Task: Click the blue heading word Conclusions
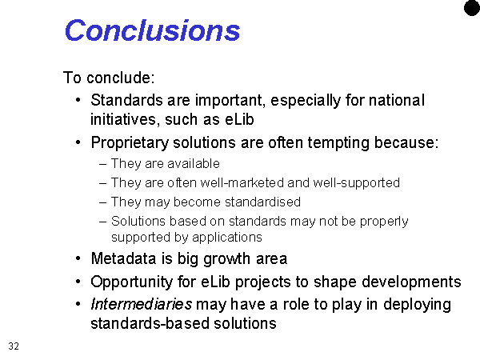coord(153,30)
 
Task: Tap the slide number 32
coord(14,346)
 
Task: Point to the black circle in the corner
coord(472,7)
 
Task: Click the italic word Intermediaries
coord(142,304)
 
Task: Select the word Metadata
coord(124,258)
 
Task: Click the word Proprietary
coord(130,143)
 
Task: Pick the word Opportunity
coord(132,282)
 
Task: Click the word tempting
coord(338,143)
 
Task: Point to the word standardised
coord(262,202)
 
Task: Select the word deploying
coord(417,305)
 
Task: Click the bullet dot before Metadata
coord(78,258)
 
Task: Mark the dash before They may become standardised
coord(103,202)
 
